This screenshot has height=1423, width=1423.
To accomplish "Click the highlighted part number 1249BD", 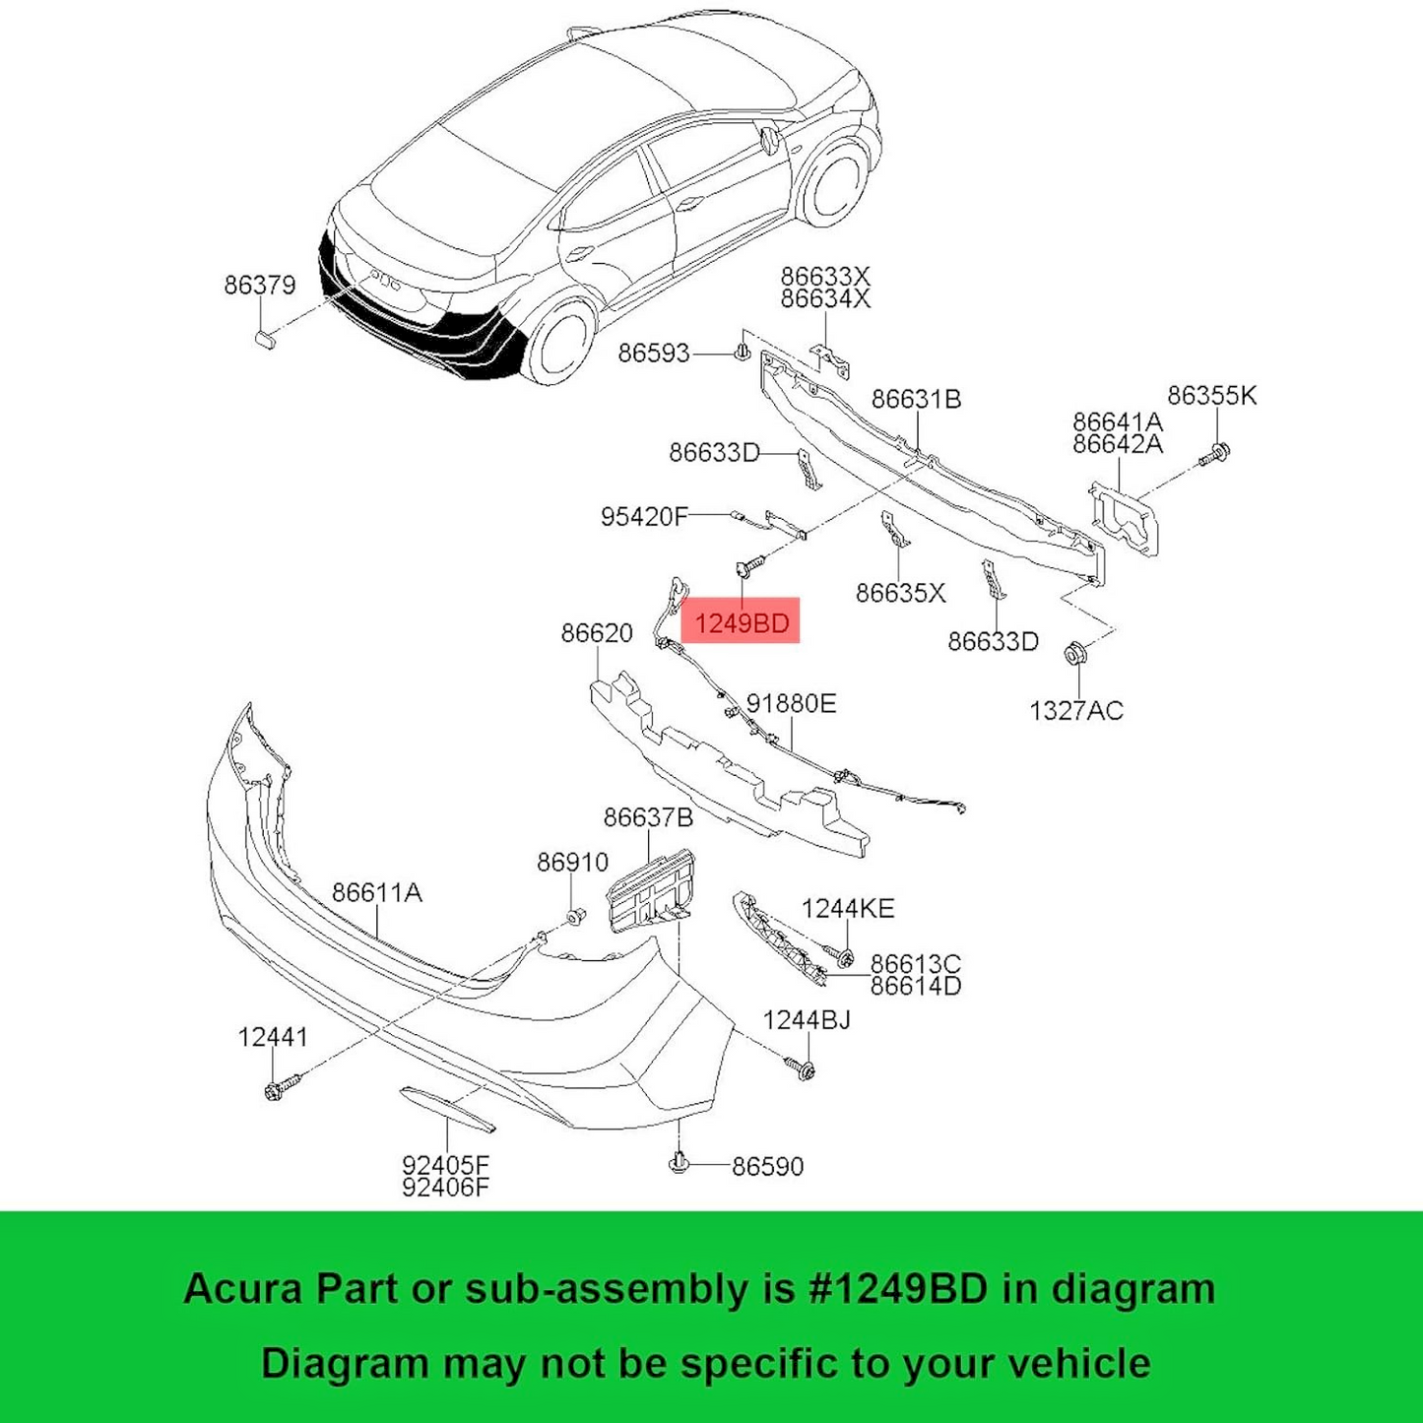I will point(741,622).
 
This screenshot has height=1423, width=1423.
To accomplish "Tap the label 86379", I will point(259,285).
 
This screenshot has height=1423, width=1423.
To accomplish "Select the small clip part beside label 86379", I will point(264,339).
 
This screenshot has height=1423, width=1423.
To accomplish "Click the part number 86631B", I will point(916,399).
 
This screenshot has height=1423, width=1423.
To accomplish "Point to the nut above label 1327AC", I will point(1074,654).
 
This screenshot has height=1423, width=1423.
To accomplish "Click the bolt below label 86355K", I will point(1217,454).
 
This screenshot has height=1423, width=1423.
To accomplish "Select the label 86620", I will point(597,632).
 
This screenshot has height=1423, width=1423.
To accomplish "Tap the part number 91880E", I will point(791,703).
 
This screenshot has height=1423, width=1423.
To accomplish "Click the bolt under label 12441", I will point(276,1088).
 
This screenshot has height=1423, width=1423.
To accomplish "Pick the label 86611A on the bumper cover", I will point(376,892).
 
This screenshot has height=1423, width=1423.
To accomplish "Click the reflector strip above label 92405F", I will point(447,1109).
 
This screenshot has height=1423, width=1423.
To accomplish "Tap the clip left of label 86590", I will point(678,1163).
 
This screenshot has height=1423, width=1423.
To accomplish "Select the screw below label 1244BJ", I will point(802,1068).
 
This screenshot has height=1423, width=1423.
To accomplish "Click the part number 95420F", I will point(644,516).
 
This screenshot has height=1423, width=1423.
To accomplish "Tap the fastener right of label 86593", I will point(744,352).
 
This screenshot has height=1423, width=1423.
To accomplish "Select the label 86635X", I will point(900,593).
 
